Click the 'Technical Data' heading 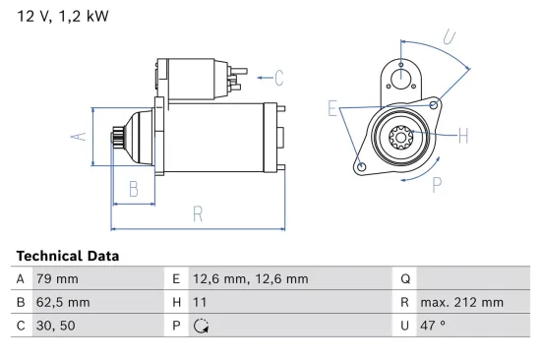click(68, 256)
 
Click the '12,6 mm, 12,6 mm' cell click(251, 278)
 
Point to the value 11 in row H click(200, 303)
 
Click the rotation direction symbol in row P click(201, 327)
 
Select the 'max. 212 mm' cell click(461, 303)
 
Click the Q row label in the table click(404, 278)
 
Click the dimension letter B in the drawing click(134, 189)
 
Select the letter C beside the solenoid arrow click(278, 77)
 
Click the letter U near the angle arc click(448, 37)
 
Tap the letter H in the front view click(463, 136)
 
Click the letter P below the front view click(435, 183)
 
